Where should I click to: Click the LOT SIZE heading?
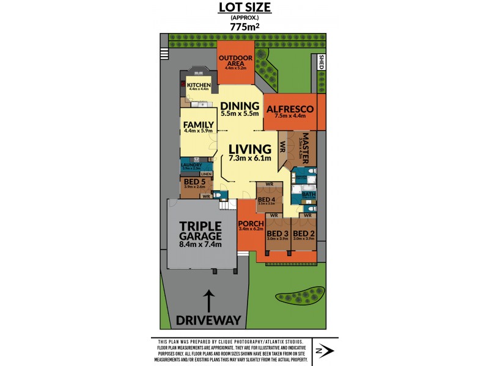(244, 8)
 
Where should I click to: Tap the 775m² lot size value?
(244, 27)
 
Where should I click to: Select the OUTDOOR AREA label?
(235, 62)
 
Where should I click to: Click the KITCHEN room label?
(199, 85)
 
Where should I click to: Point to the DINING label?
(240, 106)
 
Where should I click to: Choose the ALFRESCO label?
(290, 109)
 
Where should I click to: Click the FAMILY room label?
(199, 125)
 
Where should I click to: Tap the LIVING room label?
(250, 149)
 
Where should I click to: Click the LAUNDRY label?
(192, 165)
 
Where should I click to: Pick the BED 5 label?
(194, 181)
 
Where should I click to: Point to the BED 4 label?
(267, 199)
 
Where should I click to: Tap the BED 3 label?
(278, 234)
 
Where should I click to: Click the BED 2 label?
(303, 234)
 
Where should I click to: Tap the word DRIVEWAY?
(208, 320)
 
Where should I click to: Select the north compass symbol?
(323, 351)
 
